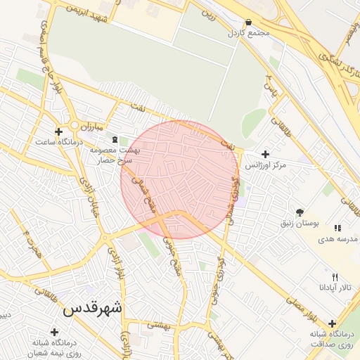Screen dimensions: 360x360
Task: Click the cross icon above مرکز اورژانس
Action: (265, 154)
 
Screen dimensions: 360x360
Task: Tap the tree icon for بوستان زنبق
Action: (300, 212)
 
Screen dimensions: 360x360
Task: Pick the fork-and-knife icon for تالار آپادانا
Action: (335, 276)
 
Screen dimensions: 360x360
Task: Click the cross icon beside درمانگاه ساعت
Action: (58, 131)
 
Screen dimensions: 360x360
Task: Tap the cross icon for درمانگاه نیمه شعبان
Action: (53, 331)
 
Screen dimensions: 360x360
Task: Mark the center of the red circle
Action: (180, 179)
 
